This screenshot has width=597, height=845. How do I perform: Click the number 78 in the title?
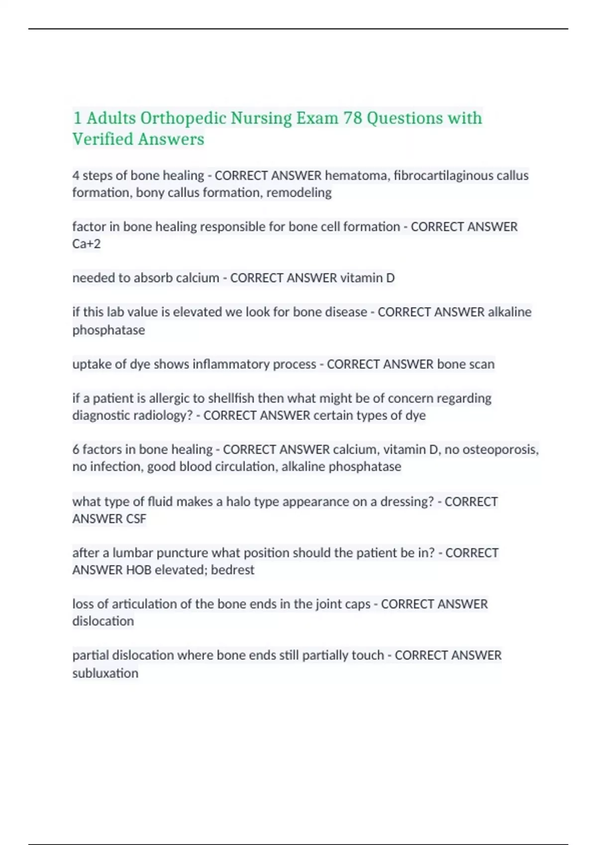353,118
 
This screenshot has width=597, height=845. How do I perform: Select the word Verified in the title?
103,139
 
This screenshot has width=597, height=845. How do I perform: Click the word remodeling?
299,192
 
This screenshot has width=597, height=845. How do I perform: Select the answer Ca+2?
87,244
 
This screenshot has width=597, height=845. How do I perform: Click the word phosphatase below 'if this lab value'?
108,330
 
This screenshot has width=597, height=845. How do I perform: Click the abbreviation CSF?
136,518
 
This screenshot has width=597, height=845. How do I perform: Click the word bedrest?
232,570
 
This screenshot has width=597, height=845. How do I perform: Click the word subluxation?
105,673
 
